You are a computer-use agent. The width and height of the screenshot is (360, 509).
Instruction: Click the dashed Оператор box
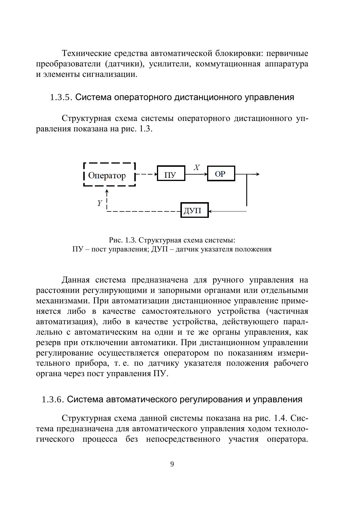pyautogui.click(x=109, y=175)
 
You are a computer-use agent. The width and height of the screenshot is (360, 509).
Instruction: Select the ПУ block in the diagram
pyautogui.click(x=171, y=173)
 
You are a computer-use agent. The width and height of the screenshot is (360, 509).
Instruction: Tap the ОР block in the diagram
pyautogui.click(x=221, y=173)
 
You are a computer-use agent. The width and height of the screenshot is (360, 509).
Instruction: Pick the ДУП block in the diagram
pyautogui.click(x=194, y=210)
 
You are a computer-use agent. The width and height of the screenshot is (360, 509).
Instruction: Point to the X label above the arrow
pyautogui.click(x=197, y=168)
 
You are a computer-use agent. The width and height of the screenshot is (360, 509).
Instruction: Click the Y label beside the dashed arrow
pyautogui.click(x=100, y=203)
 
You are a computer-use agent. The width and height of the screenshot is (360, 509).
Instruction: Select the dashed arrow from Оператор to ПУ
pyautogui.click(x=146, y=174)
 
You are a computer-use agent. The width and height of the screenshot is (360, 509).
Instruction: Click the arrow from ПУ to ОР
pyautogui.click(x=196, y=174)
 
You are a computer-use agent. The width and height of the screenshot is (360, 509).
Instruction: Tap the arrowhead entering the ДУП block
pyautogui.click(x=211, y=211)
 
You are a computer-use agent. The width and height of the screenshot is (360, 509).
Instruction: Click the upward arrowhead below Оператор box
pyautogui.click(x=107, y=191)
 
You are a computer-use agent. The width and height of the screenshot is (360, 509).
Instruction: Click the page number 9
pyautogui.click(x=172, y=464)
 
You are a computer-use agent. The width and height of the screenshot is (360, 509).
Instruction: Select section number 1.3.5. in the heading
pyautogui.click(x=61, y=97)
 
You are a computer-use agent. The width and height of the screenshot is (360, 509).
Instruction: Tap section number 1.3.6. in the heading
pyautogui.click(x=53, y=400)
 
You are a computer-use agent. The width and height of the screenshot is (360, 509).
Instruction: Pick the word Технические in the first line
pyautogui.click(x=83, y=54)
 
